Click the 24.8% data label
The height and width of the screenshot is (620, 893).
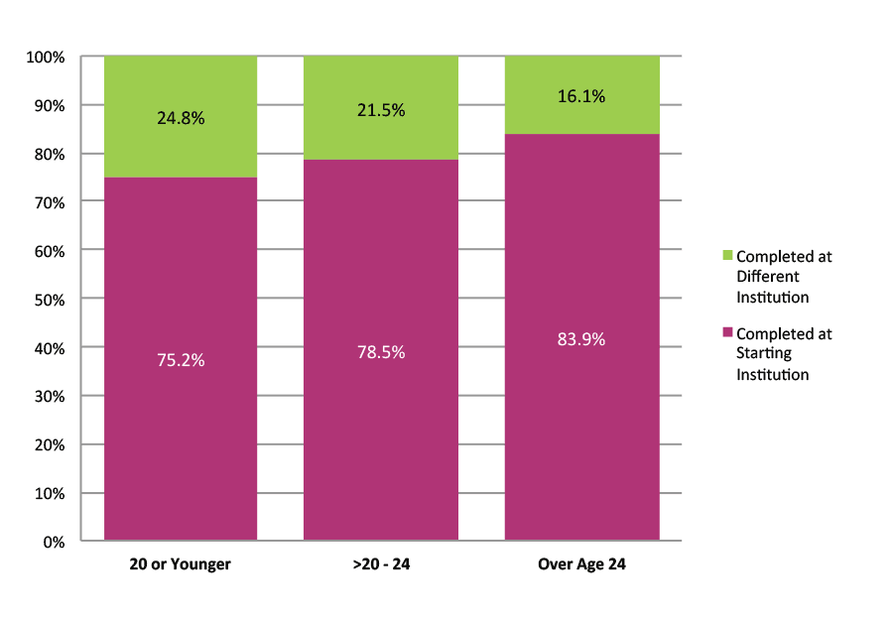pos(181,118)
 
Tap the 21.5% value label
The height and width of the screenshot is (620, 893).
pos(381,110)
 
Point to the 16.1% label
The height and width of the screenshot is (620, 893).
pos(582,97)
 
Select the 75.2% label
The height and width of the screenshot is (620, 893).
pos(181,360)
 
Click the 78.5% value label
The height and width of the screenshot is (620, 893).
pos(381,352)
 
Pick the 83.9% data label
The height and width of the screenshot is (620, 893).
pos(582,339)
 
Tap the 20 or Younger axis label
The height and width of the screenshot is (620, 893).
pos(181,564)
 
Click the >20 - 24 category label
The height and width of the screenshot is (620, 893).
pos(381,564)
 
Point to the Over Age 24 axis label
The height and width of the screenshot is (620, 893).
pos(582,564)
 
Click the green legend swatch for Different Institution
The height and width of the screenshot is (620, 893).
pos(727,256)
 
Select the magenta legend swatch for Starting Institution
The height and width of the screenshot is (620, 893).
pos(727,333)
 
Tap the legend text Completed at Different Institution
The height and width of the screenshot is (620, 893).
pos(784,277)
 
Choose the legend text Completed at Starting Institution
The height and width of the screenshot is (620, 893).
pos(784,354)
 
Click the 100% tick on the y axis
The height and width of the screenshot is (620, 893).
pos(45,58)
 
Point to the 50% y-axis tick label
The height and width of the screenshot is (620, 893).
pos(48,300)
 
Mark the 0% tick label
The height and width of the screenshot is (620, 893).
pos(53,542)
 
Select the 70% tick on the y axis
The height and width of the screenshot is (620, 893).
pos(48,202)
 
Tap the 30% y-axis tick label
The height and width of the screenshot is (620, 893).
pos(48,396)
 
